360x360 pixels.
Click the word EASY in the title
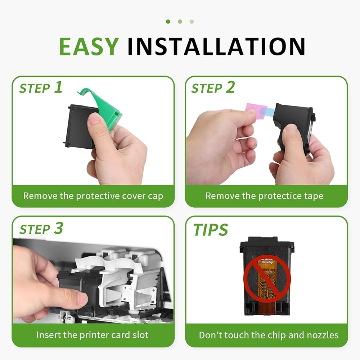click(x=89, y=46)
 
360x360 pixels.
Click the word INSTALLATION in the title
click(x=216, y=46)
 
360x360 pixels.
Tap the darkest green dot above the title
click(x=168, y=22)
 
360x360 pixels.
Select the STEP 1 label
click(x=41, y=88)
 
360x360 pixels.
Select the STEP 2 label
click(x=213, y=88)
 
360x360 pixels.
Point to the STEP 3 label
click(x=41, y=229)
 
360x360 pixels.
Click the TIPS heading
click(x=211, y=230)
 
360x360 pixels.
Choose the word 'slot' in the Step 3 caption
click(x=140, y=335)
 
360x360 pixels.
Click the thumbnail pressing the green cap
click(x=94, y=120)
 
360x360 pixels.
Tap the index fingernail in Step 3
click(x=82, y=299)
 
